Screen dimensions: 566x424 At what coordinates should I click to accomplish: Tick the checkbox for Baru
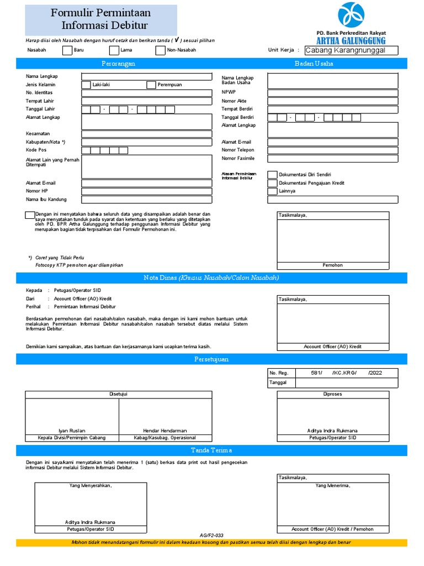point(67,51)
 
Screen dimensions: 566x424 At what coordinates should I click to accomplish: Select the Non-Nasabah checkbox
point(160,51)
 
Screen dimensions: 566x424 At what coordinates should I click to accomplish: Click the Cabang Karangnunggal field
point(352,50)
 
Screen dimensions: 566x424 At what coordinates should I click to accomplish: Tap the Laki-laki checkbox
point(86,85)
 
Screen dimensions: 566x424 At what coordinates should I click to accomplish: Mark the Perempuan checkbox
point(151,85)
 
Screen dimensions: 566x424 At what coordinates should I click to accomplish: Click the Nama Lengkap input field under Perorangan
point(146,77)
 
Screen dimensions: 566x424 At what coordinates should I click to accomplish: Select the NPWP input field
point(332,93)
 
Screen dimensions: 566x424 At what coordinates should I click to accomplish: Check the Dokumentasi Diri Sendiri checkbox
point(272,175)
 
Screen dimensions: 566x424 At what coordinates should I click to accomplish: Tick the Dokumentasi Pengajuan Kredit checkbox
point(272,183)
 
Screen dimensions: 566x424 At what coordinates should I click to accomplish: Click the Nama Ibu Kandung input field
point(146,200)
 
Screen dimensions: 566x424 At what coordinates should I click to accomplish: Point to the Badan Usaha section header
point(314,64)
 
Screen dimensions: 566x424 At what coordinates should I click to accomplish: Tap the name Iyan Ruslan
point(72,431)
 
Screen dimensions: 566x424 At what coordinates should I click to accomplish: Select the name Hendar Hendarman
point(165,431)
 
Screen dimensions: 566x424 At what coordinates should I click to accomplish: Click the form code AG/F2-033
point(211,536)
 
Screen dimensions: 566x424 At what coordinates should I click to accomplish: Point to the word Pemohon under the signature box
point(332,265)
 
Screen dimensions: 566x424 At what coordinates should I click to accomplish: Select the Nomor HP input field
point(146,191)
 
